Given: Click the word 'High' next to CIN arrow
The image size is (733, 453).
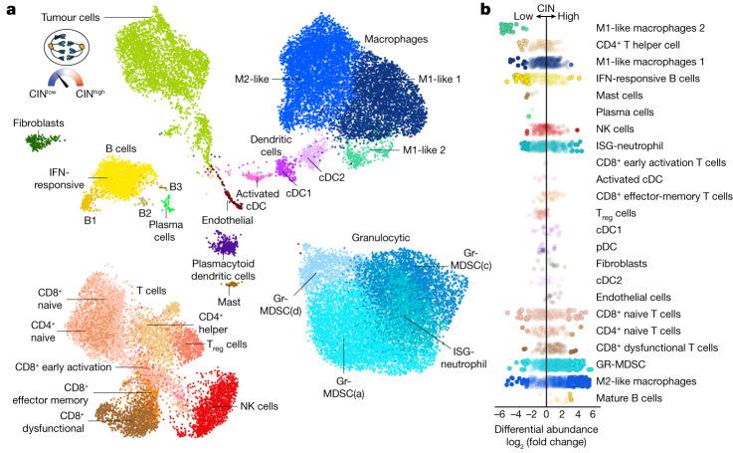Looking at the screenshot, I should tap(572, 16).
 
